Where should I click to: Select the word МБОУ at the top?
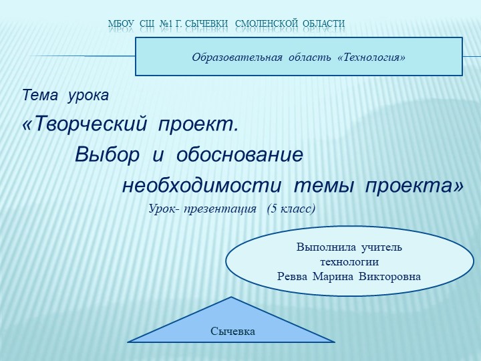tap(122, 24)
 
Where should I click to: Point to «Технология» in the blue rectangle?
tap(373, 57)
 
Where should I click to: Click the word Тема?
tap(41, 96)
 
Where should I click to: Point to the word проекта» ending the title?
tap(414, 185)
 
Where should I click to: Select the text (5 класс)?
tap(291, 209)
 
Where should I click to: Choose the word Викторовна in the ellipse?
tap(390, 275)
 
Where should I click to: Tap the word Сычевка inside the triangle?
tap(233, 331)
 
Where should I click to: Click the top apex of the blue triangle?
tap(231, 297)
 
